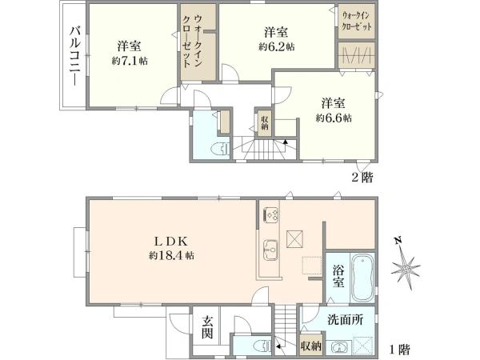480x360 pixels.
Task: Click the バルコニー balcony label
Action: point(75,57)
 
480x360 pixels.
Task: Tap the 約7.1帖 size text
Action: point(130,62)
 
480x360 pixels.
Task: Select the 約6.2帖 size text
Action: point(277,47)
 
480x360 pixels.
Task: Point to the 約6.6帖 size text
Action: point(334,118)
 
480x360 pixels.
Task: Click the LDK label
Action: point(171,242)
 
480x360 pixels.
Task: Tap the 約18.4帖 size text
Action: point(171,256)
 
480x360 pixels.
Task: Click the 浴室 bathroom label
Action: point(338,277)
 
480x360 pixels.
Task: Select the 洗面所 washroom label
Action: point(346,320)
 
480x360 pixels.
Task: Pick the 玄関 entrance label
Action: point(207,327)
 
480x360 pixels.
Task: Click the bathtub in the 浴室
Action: point(362,278)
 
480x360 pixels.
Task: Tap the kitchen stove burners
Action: point(271,215)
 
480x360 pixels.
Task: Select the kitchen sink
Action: point(270,250)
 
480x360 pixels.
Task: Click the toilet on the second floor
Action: point(221,149)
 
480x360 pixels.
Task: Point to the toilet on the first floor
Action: point(263,346)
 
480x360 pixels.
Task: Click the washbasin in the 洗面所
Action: point(339,348)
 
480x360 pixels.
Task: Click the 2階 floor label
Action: point(362,178)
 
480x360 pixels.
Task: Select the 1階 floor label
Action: point(399,350)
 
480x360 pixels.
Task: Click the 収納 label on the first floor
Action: point(311,346)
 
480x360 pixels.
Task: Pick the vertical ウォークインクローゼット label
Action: point(193,42)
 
